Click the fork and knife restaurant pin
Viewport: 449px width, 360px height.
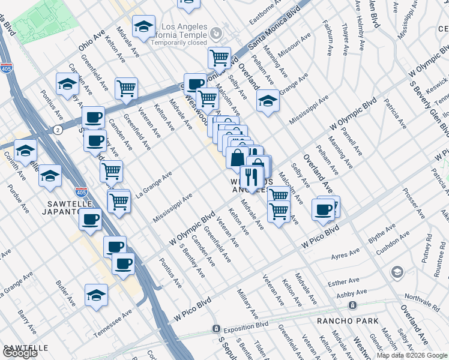[x=252, y=177]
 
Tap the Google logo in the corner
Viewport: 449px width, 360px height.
[x=20, y=353]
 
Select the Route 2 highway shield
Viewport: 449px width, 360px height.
[x=56, y=130]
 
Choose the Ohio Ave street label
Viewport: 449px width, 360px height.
[x=91, y=40]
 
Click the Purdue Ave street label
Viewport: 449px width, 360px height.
[x=18, y=199]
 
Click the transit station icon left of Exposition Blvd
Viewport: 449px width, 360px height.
[x=215, y=329]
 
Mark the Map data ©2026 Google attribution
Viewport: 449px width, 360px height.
[x=412, y=355]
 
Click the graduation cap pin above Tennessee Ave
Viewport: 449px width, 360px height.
[x=95, y=295]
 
